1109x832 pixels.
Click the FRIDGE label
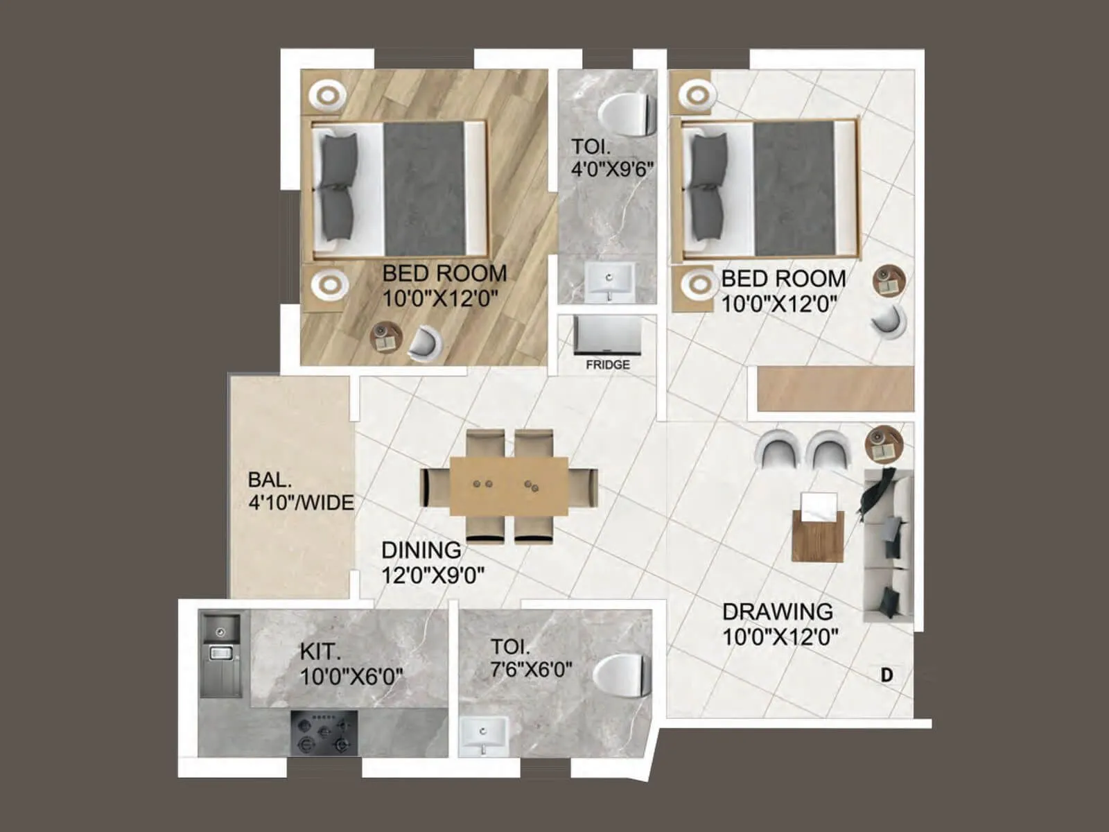point(607,365)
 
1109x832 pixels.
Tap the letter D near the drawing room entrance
point(887,675)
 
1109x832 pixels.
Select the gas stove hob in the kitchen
point(324,733)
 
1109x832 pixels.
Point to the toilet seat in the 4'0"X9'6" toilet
point(627,114)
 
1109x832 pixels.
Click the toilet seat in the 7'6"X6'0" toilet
point(621,676)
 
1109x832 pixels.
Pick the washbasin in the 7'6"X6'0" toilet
point(483,734)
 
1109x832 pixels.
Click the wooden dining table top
point(509,486)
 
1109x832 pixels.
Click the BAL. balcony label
point(270,480)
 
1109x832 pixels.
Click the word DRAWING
point(777,612)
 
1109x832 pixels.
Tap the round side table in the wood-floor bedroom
point(385,338)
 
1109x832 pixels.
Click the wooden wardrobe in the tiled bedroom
point(835,388)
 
